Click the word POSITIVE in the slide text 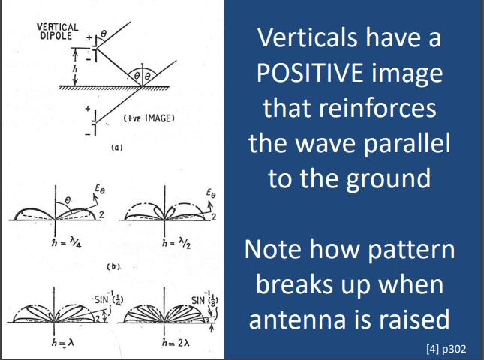coord(310,73)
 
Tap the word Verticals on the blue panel coord(308,37)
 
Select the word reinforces coord(377,108)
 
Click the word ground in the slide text coord(388,179)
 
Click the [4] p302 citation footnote coord(446,349)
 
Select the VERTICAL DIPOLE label coord(58,31)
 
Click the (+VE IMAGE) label coord(149,118)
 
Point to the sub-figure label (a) coord(116,148)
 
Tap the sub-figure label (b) coord(114,266)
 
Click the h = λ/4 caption coord(67,244)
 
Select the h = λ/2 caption coord(176,244)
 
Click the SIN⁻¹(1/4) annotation coord(109,298)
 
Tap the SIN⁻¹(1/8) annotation coord(205,298)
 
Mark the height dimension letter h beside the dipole coord(75,68)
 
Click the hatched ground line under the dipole coord(114,88)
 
